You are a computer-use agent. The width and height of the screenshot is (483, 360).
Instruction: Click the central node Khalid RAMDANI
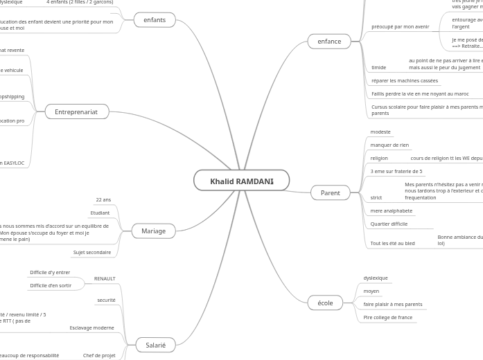pos(241,181)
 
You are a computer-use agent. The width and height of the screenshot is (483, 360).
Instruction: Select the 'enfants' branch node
pos(154,20)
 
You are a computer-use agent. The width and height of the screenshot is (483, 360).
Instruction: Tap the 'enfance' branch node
pos(329,42)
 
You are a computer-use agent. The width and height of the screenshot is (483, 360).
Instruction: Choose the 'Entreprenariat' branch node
pos(76,111)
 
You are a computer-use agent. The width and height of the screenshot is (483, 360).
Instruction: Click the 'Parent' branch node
pos(330,192)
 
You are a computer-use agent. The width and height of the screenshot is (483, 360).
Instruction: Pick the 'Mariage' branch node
pos(153,231)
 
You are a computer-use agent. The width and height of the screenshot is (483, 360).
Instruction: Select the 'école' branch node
pos(325,303)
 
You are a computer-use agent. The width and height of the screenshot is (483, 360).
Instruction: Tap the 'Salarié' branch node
pos(155,345)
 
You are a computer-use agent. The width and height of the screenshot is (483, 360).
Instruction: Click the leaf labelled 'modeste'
pos(380,132)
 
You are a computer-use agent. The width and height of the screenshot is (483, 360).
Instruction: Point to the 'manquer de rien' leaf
pos(389,145)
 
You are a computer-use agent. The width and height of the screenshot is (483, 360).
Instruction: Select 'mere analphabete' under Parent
pos(391,210)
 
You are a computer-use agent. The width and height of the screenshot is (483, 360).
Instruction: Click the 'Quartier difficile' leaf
pos(389,224)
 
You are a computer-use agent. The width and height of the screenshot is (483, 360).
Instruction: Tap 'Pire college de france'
pos(387,317)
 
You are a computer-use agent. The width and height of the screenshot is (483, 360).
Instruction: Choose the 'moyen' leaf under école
pos(371,291)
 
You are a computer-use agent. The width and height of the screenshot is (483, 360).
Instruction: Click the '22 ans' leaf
pos(103,199)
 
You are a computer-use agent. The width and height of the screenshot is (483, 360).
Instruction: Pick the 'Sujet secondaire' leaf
pos(92,252)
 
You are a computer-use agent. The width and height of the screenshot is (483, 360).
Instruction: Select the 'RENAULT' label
pos(105,278)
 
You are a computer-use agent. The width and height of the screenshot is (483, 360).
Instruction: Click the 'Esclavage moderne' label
pos(91,327)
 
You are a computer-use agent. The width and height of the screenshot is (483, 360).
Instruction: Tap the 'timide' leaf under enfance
pos(378,67)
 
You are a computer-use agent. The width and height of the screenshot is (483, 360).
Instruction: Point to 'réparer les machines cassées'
pos(404,80)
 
